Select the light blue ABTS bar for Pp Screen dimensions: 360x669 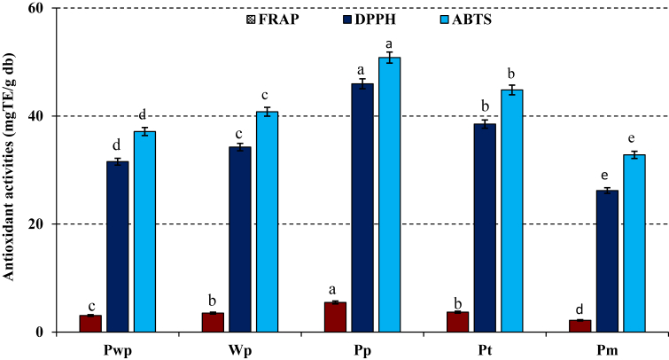pyautogui.click(x=390, y=194)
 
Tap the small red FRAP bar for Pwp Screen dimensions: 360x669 pyautogui.click(x=90, y=324)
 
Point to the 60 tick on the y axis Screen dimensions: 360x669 pyautogui.click(x=42, y=8)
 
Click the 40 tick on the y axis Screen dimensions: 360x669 pyautogui.click(x=42, y=116)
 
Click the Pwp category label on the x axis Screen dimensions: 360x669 pyautogui.click(x=117, y=348)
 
